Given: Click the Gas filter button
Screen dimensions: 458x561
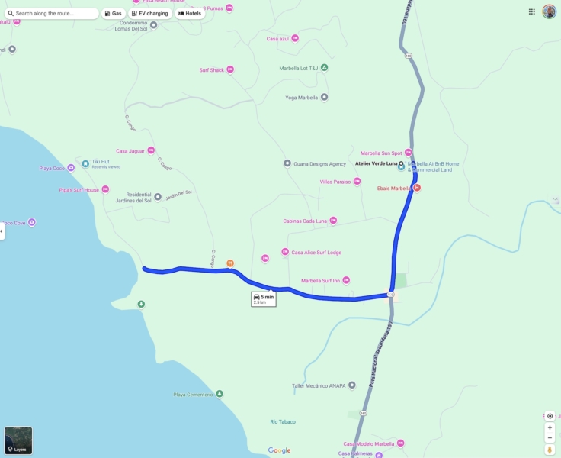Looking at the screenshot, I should point(113,13).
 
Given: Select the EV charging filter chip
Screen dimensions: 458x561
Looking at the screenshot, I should point(149,13).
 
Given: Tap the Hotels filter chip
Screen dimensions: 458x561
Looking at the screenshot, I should point(190,13).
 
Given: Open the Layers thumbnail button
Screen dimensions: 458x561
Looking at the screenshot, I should point(18,440).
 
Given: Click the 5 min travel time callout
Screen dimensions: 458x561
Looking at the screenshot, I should point(264,298).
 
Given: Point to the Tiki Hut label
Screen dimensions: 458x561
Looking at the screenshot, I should point(101,162).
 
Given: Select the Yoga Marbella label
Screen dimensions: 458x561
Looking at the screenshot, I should point(302,97).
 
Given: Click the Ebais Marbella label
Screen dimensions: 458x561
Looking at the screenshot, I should point(394,188).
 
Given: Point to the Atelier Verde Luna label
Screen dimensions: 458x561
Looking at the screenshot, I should point(377,163).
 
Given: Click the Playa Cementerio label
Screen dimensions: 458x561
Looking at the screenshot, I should point(194,394).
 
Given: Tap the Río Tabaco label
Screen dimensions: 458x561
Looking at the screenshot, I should point(283,421).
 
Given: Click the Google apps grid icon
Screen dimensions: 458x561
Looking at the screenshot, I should point(531,11).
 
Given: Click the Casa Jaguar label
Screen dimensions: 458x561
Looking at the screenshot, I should point(130,150).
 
